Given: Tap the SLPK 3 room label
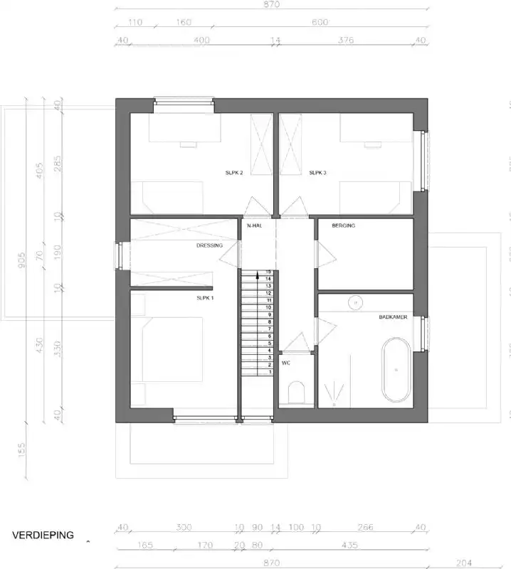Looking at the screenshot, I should [x=317, y=173].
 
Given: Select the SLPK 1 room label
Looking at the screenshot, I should [x=205, y=298].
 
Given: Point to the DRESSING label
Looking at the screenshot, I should [x=209, y=246].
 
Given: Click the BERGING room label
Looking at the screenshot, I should [x=343, y=225].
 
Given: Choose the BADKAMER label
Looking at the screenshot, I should [x=393, y=317].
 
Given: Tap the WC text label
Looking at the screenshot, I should [x=286, y=363].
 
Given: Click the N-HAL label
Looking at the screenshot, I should [x=255, y=225].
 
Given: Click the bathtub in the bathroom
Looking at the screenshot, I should [x=396, y=371].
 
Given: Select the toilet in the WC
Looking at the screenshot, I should [x=297, y=392].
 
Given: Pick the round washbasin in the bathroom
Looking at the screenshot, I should [x=354, y=303].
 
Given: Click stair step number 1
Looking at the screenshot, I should [x=270, y=372].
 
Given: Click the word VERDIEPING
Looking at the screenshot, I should [x=43, y=536].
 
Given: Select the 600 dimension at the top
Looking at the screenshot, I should [x=320, y=22].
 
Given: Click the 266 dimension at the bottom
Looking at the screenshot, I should [x=364, y=528].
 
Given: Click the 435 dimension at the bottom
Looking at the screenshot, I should [x=349, y=546].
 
